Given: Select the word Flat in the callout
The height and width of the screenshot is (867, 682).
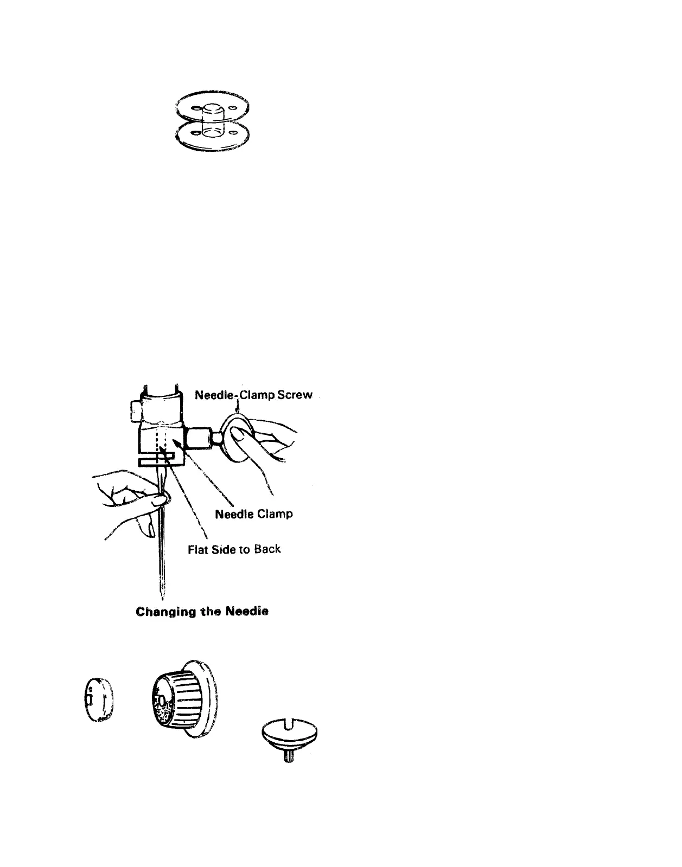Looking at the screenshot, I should [x=198, y=550].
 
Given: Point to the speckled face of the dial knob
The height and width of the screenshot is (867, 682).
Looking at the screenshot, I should [x=162, y=702].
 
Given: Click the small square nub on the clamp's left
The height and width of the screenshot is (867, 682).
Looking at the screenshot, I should [x=135, y=410].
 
